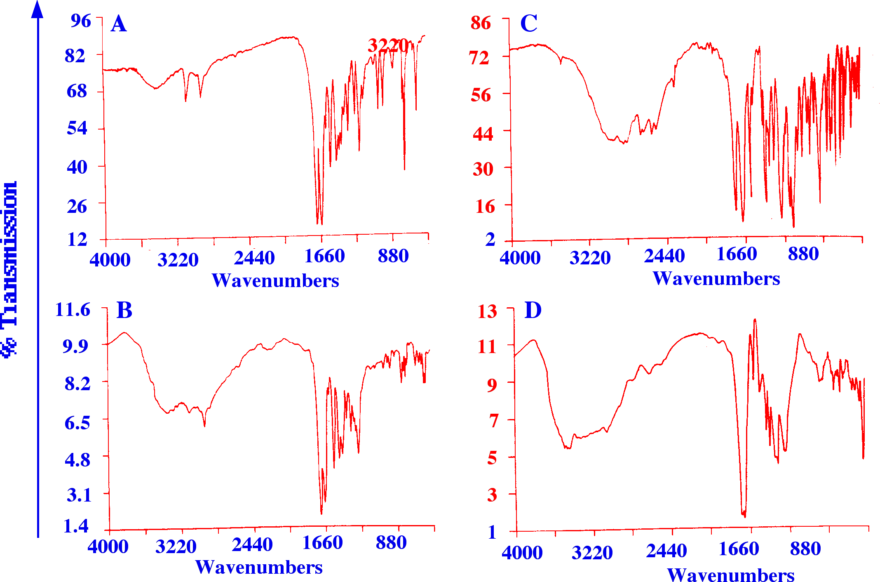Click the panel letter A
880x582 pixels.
119,24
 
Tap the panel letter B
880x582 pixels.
124,310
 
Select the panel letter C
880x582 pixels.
529,24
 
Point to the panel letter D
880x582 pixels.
533,310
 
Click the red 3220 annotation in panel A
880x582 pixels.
388,46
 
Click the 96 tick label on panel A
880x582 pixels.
80,21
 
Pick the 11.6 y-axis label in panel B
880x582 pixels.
73,309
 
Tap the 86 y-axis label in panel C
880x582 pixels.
481,23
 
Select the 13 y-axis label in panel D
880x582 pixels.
487,311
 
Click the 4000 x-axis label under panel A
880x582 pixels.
110,260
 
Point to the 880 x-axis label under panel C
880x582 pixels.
803,254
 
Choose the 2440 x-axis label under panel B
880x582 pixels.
252,545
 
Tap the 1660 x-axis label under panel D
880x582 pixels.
739,549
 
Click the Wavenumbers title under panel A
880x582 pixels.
275,281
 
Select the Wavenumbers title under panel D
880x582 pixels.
731,575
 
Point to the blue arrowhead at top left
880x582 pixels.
38,9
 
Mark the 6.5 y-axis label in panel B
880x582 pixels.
77,423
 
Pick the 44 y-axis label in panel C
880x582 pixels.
483,134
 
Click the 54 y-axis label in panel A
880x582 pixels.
77,128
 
